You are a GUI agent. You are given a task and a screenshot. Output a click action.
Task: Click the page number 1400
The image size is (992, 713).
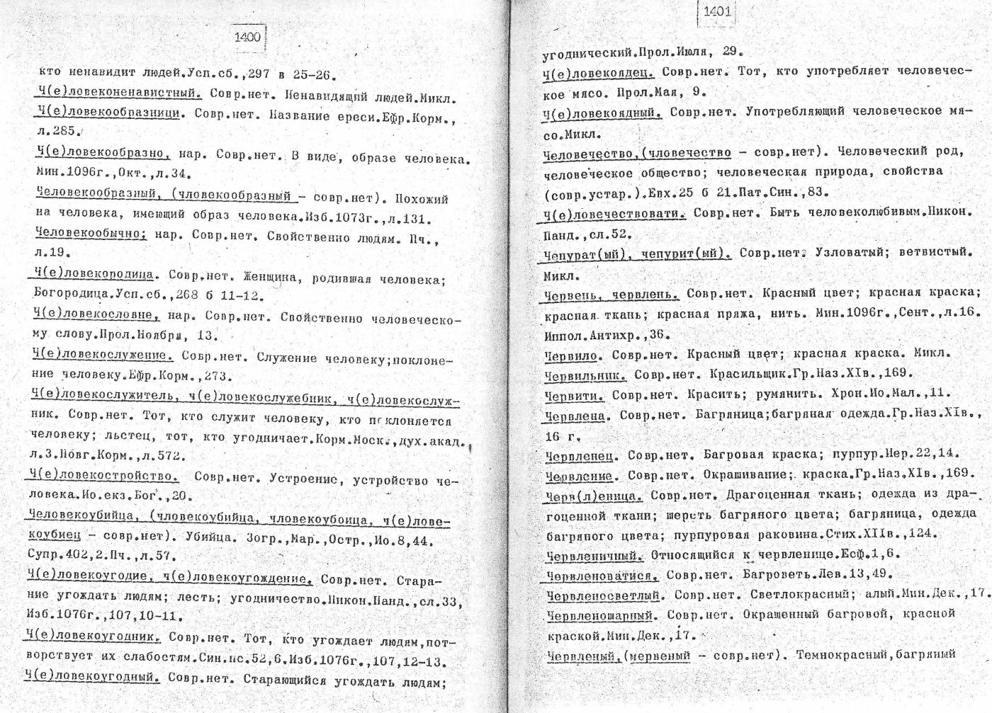click(247, 38)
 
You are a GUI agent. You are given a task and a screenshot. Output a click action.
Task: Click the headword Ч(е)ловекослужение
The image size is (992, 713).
click(102, 355)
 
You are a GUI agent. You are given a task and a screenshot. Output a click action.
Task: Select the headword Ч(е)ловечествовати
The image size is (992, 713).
click(614, 213)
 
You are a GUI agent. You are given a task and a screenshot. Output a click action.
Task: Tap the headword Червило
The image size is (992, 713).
click(573, 354)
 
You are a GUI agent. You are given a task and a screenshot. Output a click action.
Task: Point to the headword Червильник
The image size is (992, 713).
click(585, 374)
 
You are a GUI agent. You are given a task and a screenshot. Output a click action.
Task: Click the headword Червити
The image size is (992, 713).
click(574, 394)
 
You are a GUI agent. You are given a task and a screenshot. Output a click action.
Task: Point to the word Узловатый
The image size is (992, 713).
click(850, 253)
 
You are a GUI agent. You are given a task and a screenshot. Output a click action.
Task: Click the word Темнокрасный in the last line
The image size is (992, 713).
click(837, 655)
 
